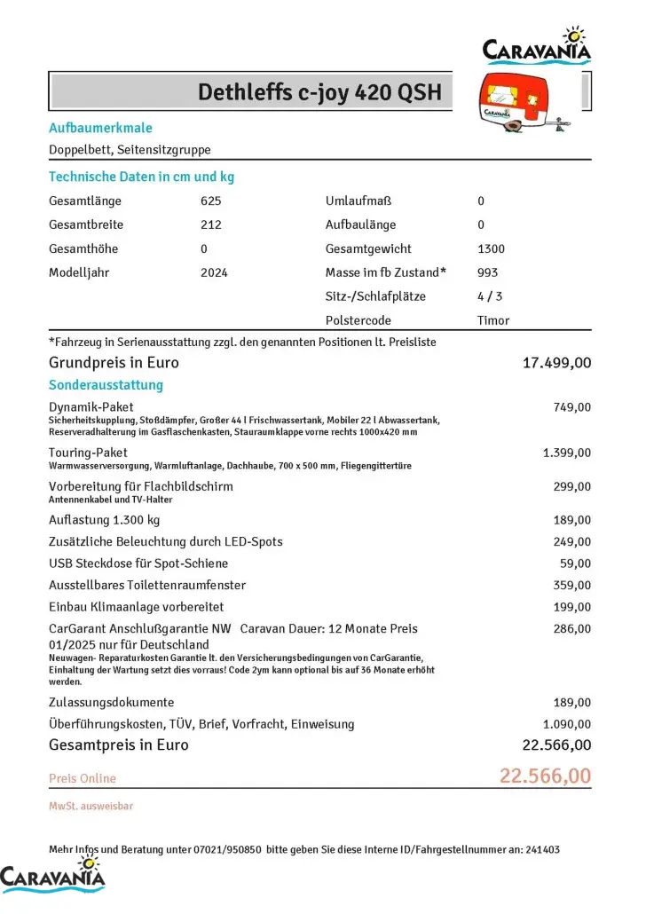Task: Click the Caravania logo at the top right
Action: pyautogui.click(x=537, y=46)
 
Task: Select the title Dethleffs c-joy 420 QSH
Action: pyautogui.click(x=319, y=92)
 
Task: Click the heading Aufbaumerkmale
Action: pyautogui.click(x=100, y=128)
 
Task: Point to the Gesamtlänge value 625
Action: pyautogui.click(x=211, y=201)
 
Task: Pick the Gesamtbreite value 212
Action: pyautogui.click(x=211, y=225)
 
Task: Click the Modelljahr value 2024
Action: pyautogui.click(x=214, y=272)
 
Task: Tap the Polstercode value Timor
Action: pyautogui.click(x=493, y=320)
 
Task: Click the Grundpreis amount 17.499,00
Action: pyautogui.click(x=557, y=362)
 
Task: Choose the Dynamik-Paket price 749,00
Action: pyautogui.click(x=571, y=407)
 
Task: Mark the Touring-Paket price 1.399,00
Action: pyautogui.click(x=566, y=453)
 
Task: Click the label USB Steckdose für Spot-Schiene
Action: pyautogui.click(x=138, y=563)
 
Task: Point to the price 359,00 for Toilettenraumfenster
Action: pyautogui.click(x=571, y=585)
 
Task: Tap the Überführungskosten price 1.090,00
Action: pyautogui.click(x=566, y=724)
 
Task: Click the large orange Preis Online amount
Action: pyautogui.click(x=545, y=776)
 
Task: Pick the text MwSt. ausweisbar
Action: pyautogui.click(x=91, y=806)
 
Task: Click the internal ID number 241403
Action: pyautogui.click(x=541, y=849)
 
